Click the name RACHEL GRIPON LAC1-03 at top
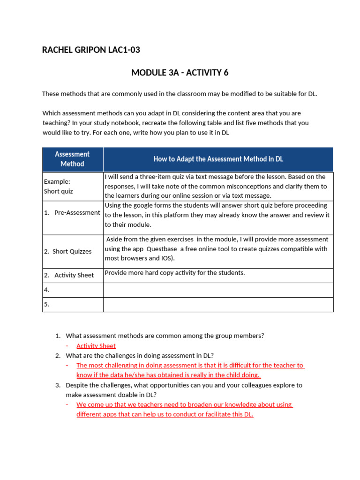coord(91,50)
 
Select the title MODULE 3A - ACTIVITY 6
coord(180,73)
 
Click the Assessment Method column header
coord(72,159)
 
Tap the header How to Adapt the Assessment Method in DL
coord(218,159)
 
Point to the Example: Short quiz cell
coord(59,186)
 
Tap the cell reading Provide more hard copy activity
coord(174,273)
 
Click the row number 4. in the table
coord(47,290)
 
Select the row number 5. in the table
coord(47,304)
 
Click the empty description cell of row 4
coord(218,290)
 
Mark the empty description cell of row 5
coord(218,304)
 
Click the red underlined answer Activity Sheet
coord(96,346)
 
